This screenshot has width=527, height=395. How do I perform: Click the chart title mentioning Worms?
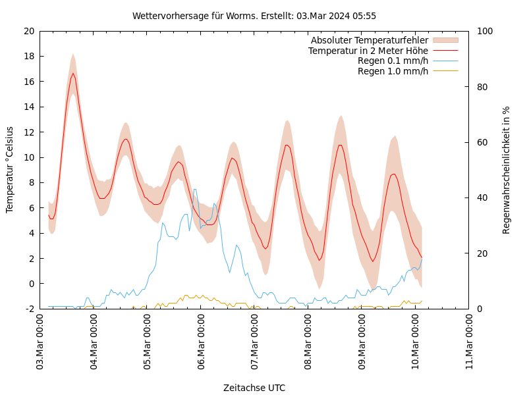click(254, 16)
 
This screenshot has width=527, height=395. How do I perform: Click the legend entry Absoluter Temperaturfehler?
click(369, 41)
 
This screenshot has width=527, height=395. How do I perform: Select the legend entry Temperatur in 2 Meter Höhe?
click(368, 51)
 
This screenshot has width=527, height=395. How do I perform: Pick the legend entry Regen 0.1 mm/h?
click(393, 61)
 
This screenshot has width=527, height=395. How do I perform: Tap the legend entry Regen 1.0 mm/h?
click(393, 70)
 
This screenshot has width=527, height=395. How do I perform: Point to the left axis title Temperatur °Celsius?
click(10, 169)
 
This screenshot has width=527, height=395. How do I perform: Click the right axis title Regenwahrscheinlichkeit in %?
click(506, 170)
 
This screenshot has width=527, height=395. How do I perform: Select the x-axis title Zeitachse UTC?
click(254, 388)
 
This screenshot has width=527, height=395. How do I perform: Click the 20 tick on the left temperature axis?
click(28, 31)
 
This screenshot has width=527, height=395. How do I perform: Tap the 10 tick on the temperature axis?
click(28, 157)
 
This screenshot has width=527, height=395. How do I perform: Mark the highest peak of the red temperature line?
click(73, 73)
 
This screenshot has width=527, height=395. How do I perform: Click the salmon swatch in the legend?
click(445, 41)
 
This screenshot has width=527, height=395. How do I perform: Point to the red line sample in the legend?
click(445, 51)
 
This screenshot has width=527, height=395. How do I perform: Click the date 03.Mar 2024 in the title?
click(325, 16)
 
